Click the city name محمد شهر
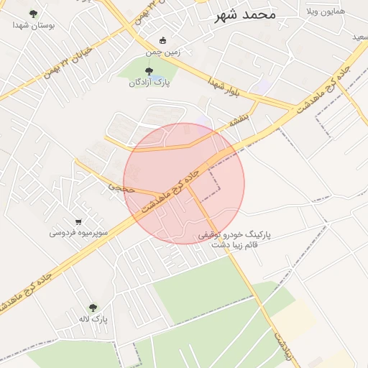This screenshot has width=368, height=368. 245,14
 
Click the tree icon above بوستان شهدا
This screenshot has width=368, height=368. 32,14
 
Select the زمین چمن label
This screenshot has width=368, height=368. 164,52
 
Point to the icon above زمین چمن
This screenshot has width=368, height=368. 163,40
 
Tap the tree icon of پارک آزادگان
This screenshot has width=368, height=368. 149,71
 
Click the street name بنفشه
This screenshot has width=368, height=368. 241,119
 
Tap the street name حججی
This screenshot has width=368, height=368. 121,187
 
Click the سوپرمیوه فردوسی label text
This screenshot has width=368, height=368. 78,233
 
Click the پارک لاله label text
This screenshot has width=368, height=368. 93,318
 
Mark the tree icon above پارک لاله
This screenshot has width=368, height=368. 92,307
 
